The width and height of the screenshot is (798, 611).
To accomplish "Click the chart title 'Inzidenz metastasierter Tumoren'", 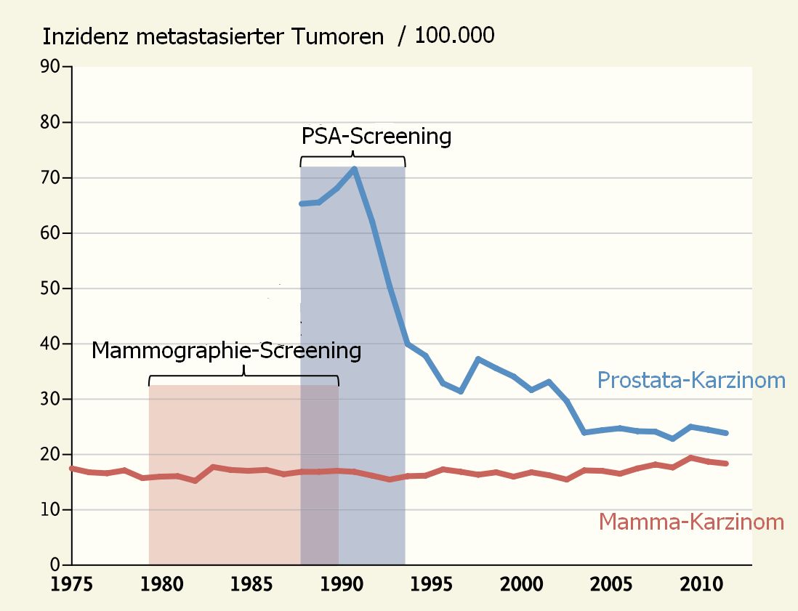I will click(212, 36).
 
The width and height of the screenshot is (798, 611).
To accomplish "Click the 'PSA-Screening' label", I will click(376, 137).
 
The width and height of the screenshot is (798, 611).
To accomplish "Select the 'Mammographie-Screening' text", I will click(226, 351).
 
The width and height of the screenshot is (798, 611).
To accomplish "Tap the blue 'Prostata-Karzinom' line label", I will click(691, 380).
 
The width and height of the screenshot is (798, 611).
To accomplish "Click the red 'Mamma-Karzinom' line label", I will click(691, 522).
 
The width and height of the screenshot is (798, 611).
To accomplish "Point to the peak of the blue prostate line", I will click(355, 169).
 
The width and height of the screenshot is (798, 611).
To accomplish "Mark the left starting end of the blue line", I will click(302, 203).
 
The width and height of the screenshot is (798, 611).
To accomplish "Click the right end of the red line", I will click(727, 464).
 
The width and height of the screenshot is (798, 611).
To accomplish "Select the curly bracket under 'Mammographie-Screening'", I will click(243, 377).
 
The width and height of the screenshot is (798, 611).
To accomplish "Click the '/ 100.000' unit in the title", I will click(446, 36).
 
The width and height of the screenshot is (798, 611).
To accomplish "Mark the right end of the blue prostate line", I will click(727, 433).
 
